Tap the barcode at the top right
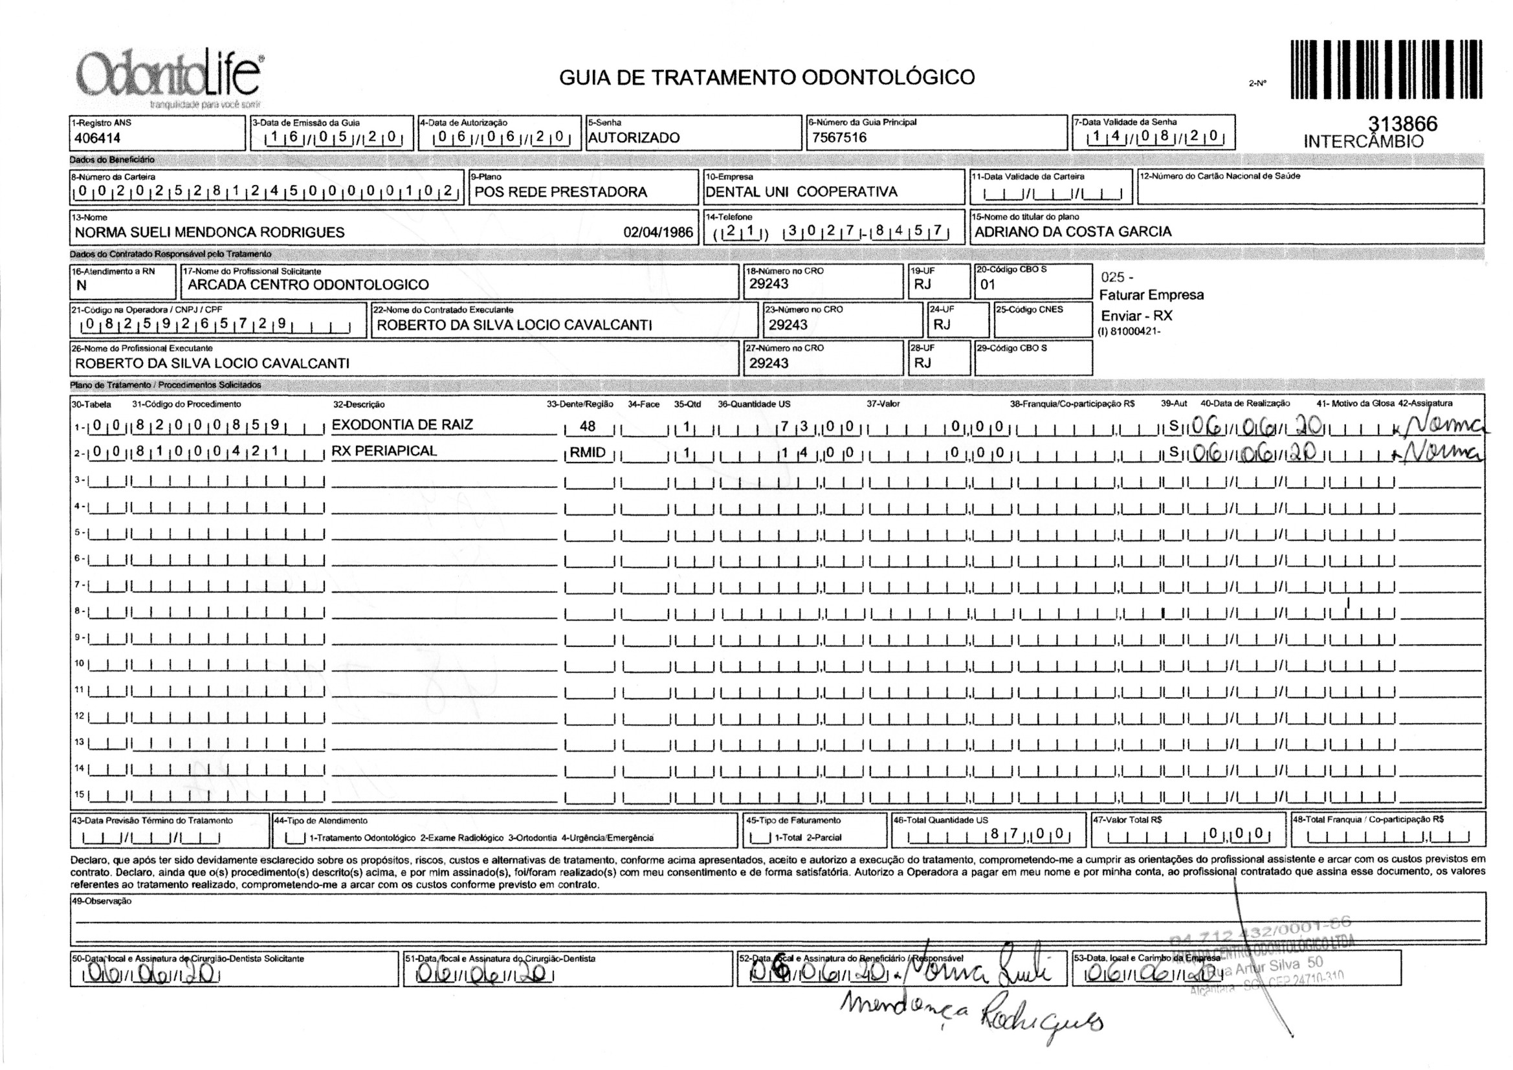pyautogui.click(x=1386, y=69)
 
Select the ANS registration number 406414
pyautogui.click(x=98, y=138)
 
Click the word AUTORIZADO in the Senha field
pyautogui.click(x=634, y=138)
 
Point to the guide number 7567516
pyautogui.click(x=839, y=138)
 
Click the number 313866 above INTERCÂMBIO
pyautogui.click(x=1402, y=124)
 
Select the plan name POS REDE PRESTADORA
pyautogui.click(x=561, y=192)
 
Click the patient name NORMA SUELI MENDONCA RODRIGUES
pyautogui.click(x=210, y=233)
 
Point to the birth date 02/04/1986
pyautogui.click(x=657, y=233)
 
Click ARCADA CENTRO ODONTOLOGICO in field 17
pyautogui.click(x=308, y=285)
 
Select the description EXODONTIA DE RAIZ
pyautogui.click(x=402, y=425)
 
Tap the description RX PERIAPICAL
pyautogui.click(x=384, y=452)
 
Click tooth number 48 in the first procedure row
pyautogui.click(x=587, y=427)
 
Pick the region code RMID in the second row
pyautogui.click(x=587, y=453)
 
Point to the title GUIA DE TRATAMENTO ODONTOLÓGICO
pyautogui.click(x=766, y=78)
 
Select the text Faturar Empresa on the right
pyautogui.click(x=1151, y=295)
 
